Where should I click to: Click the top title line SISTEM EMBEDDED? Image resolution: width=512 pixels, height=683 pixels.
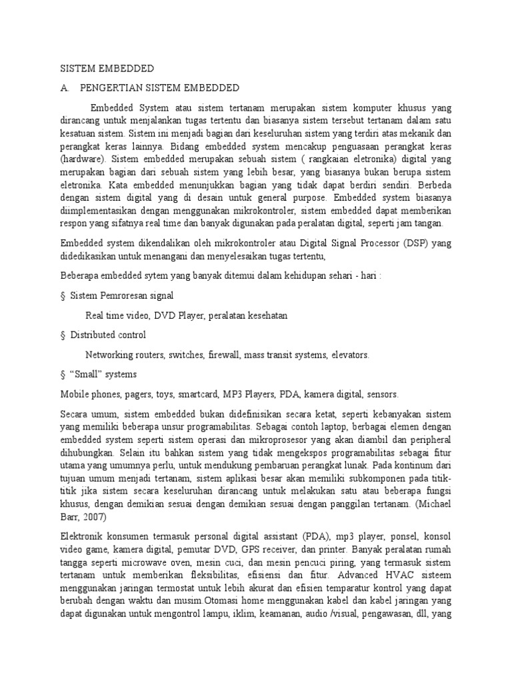pos(107,69)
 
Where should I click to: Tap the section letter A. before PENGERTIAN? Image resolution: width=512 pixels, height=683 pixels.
pos(65,88)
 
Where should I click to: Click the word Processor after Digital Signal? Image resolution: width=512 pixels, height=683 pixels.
pos(373,243)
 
